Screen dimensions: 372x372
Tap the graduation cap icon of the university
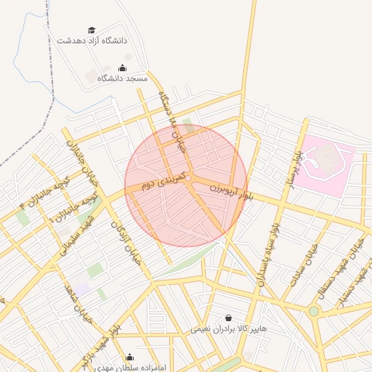92,30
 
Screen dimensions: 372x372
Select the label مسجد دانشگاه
122,78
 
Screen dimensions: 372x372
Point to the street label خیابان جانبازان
81,153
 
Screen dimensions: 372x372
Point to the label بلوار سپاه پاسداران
267,254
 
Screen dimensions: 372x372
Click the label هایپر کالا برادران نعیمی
229,328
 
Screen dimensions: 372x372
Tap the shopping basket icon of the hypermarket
229,318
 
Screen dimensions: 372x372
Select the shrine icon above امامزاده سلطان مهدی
130,357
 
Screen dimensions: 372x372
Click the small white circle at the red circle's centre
187,178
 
